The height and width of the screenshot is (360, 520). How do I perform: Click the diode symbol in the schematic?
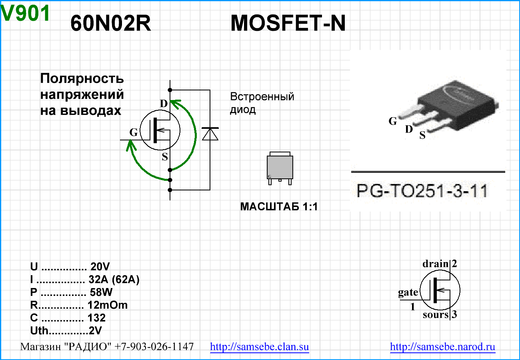[210, 134]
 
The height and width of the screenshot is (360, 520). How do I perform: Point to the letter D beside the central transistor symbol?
[164, 104]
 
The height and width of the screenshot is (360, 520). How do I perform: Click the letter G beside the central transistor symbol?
[134, 132]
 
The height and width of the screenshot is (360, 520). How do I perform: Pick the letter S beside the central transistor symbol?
[165, 157]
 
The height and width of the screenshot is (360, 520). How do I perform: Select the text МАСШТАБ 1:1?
[279, 207]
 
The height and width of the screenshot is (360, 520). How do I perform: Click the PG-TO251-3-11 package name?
[422, 191]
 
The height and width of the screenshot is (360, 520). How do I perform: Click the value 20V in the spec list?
[100, 267]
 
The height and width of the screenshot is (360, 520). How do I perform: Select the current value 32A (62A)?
[114, 280]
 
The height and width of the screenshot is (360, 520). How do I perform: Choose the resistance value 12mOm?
[108, 305]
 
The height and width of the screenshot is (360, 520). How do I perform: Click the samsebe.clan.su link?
[260, 347]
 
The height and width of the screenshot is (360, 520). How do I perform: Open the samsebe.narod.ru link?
[442, 347]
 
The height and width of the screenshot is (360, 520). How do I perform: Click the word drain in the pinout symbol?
[436, 264]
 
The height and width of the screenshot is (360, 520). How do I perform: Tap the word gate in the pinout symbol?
[408, 292]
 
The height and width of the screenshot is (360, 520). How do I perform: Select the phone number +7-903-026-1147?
[154, 347]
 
